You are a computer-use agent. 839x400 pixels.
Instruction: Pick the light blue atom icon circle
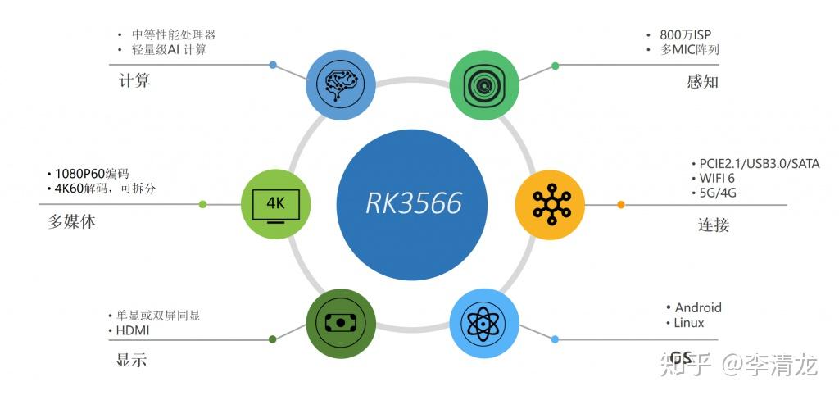click(x=485, y=321)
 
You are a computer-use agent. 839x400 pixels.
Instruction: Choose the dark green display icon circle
click(x=341, y=321)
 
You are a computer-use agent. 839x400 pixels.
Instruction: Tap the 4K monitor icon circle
click(x=277, y=203)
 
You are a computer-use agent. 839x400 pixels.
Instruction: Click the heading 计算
click(x=134, y=81)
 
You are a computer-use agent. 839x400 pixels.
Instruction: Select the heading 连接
click(x=713, y=225)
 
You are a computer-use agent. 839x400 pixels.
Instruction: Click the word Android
click(x=698, y=307)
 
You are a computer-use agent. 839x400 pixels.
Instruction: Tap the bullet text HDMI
click(x=133, y=330)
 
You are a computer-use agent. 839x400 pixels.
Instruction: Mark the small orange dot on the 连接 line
click(x=620, y=204)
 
